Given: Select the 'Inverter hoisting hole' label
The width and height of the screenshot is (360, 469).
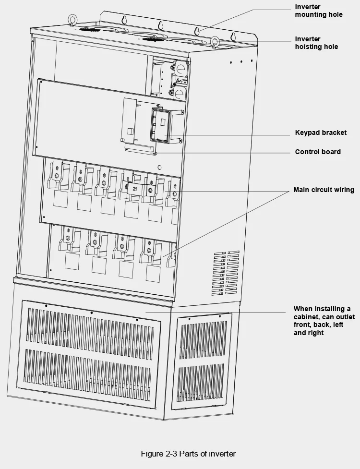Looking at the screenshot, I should coord(316,43).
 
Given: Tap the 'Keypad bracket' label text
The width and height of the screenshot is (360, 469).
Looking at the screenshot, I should coord(321,132).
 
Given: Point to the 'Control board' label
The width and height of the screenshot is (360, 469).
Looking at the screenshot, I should coord(318,152).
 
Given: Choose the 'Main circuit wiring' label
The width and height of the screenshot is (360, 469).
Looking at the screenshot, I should coord(324,190).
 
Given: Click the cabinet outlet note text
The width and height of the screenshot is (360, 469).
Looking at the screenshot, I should coord(324,321).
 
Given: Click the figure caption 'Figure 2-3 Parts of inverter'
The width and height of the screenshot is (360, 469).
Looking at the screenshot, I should coord(188,454).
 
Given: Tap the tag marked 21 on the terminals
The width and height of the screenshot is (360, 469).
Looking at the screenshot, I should coord(134,189).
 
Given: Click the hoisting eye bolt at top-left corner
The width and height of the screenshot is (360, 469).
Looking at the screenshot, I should coord(73,21).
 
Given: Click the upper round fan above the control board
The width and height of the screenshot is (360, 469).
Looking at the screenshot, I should coord(180,69).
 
